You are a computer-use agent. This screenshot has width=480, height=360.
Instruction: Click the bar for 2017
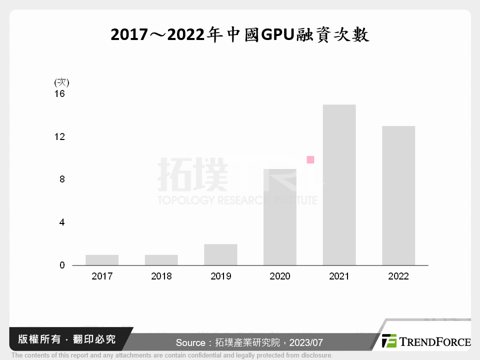102,260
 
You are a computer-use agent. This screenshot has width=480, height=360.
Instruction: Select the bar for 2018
161,260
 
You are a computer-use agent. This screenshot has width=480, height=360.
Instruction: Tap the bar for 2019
220,254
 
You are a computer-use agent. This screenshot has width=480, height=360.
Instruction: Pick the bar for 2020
279,217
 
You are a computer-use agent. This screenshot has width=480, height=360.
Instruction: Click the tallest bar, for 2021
339,185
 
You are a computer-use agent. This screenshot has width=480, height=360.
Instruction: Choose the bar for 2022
398,195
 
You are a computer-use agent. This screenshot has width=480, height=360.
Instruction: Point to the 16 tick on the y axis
59,93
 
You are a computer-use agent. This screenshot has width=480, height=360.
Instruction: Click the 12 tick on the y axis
59,136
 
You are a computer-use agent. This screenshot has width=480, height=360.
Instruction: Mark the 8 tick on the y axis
62,179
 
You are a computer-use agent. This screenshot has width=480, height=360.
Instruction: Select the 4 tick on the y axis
62,222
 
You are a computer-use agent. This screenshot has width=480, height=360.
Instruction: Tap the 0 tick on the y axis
62,265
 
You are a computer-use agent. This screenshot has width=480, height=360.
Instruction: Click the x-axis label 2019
220,276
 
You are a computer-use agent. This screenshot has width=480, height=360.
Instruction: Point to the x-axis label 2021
339,276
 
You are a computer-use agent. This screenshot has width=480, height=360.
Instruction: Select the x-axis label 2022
398,276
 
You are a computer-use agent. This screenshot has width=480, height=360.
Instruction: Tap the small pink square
310,160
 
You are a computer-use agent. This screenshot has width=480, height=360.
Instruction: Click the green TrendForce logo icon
389,341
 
